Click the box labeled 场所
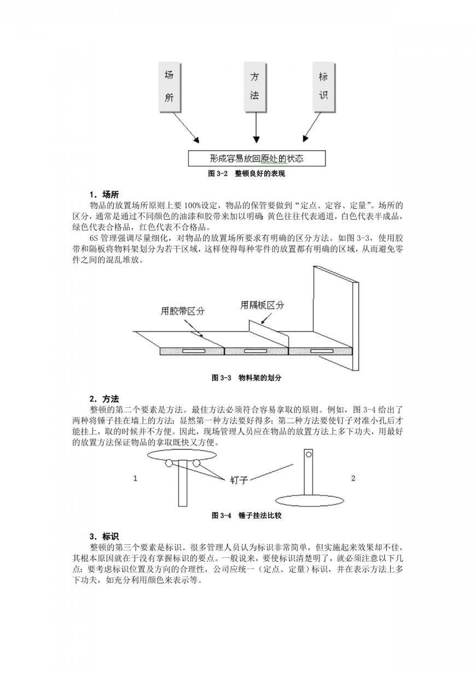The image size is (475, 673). point(170,87)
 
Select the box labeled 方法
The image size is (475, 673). point(255,87)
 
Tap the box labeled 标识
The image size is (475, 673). point(324,87)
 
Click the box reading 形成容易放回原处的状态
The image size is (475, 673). point(257,158)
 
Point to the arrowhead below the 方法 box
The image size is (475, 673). point(256,139)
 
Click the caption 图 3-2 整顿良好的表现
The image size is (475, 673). point(247,174)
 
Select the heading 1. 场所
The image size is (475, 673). point(104,195)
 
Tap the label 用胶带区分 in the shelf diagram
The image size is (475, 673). point(182,311)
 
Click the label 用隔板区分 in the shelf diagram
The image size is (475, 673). point(262,305)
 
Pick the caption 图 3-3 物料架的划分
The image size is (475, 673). point(247,378)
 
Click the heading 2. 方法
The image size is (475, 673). point(104,399)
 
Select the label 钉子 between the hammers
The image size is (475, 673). point(239,480)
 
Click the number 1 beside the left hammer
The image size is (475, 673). point(135,478)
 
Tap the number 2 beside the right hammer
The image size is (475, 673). point(353,478)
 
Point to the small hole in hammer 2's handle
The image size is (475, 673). point(309,454)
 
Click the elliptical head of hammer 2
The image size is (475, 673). point(310,500)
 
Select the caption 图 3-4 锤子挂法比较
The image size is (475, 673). point(247,516)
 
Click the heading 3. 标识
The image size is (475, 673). point(104,537)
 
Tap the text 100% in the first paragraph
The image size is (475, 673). point(193,206)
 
